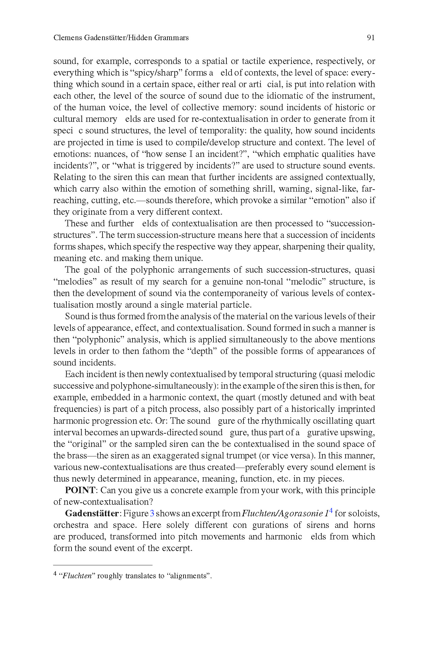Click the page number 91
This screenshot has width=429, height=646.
coord(371,38)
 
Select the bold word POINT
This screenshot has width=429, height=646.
coord(80,490)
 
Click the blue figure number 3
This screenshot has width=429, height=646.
coord(152,513)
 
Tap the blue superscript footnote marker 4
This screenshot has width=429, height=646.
coord(331,511)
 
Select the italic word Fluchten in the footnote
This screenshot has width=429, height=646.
coord(77,576)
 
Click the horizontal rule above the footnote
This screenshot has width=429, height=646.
coord(102,565)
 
